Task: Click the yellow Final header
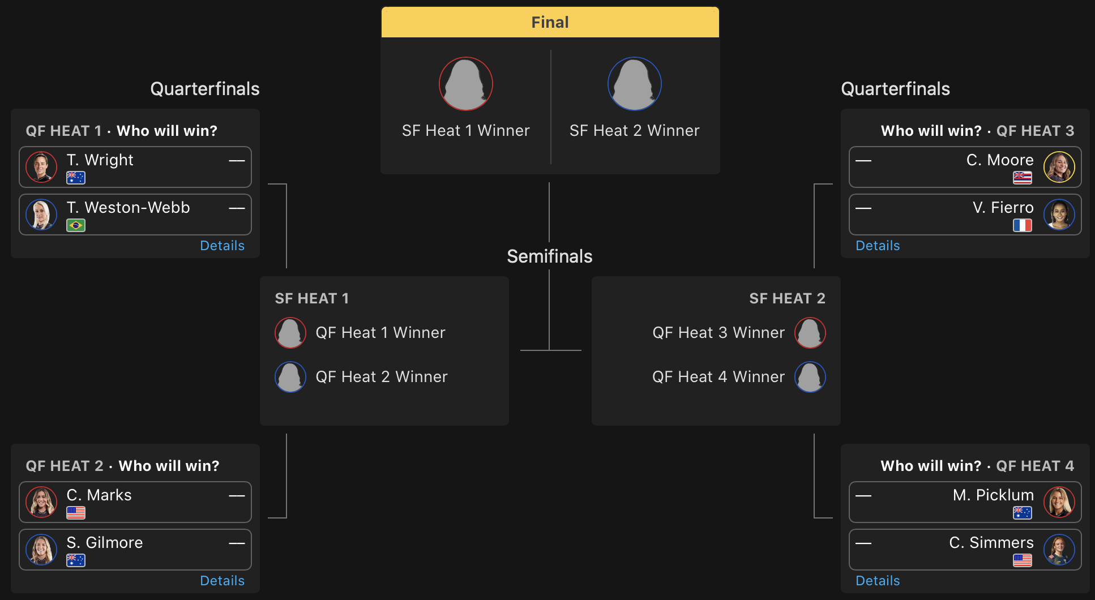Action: click(x=550, y=23)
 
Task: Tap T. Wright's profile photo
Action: click(x=41, y=167)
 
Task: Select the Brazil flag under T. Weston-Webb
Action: click(x=76, y=225)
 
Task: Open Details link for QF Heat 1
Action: click(x=222, y=246)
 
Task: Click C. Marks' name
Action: click(x=99, y=495)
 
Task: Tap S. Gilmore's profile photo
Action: click(x=41, y=550)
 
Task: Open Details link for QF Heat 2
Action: click(x=222, y=581)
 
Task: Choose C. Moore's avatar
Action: click(x=1059, y=167)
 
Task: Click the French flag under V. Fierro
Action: click(x=1022, y=225)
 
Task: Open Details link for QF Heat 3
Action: click(x=878, y=246)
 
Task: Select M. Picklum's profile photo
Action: click(x=1059, y=502)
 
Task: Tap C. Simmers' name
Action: click(x=991, y=543)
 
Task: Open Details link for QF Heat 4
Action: click(x=878, y=581)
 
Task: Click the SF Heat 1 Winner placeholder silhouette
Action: click(x=465, y=84)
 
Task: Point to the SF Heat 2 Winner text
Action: click(x=634, y=131)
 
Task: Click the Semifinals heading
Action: click(x=549, y=256)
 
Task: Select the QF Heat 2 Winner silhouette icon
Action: click(x=290, y=377)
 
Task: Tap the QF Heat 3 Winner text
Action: click(x=718, y=333)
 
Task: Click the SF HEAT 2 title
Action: click(x=787, y=298)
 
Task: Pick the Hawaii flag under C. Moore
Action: click(x=1022, y=178)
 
